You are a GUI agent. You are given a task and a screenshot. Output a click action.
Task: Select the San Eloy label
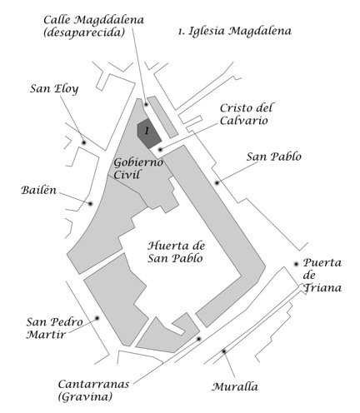point(54,89)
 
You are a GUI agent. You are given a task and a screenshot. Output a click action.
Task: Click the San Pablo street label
point(273,157)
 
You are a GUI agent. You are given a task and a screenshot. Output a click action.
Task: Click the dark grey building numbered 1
point(148,132)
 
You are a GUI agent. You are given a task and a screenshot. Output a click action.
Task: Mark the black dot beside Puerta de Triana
point(296,264)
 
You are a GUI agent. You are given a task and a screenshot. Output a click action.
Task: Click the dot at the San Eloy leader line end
point(83,142)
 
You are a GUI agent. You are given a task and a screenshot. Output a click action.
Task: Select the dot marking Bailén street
point(90,203)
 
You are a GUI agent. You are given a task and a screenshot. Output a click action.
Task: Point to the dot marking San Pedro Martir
point(97,317)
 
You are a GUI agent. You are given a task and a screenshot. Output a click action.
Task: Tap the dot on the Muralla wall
point(223,351)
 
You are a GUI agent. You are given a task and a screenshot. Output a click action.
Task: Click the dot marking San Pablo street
point(217,182)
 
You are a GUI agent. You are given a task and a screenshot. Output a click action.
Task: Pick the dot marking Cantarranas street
point(197,339)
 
